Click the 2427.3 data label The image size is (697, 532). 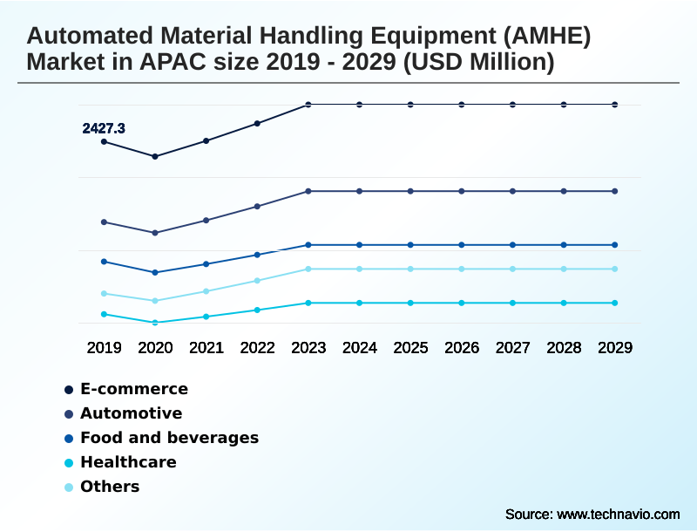[104, 128]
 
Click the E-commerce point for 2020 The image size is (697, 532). [155, 157]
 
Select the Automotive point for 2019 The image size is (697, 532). [104, 222]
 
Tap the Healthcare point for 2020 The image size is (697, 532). [155, 323]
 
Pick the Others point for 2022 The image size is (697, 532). [257, 281]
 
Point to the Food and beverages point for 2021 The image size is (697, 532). [206, 264]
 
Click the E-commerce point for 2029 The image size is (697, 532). [615, 105]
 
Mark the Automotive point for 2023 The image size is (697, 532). [308, 191]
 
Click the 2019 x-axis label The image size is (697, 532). [104, 348]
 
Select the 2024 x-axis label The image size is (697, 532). [360, 348]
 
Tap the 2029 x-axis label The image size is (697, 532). [615, 348]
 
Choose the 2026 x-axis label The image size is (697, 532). [462, 348]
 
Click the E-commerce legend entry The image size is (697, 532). [133, 389]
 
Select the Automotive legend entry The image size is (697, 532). [131, 413]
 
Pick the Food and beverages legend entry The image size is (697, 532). [169, 438]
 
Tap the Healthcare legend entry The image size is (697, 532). [128, 462]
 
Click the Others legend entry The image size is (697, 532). [110, 487]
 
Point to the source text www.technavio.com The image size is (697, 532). [618, 514]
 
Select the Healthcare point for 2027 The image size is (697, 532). [513, 303]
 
